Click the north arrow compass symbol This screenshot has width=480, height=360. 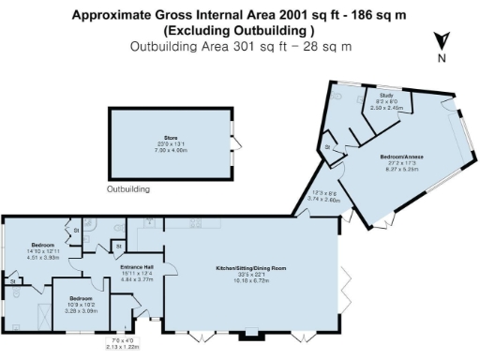tap(442, 40)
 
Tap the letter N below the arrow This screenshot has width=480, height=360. tap(442, 58)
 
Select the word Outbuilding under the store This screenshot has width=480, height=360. tap(128, 188)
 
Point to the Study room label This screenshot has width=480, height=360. tap(383, 96)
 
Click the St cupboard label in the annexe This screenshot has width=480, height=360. tap(328, 148)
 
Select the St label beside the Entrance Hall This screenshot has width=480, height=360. tap(117, 246)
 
